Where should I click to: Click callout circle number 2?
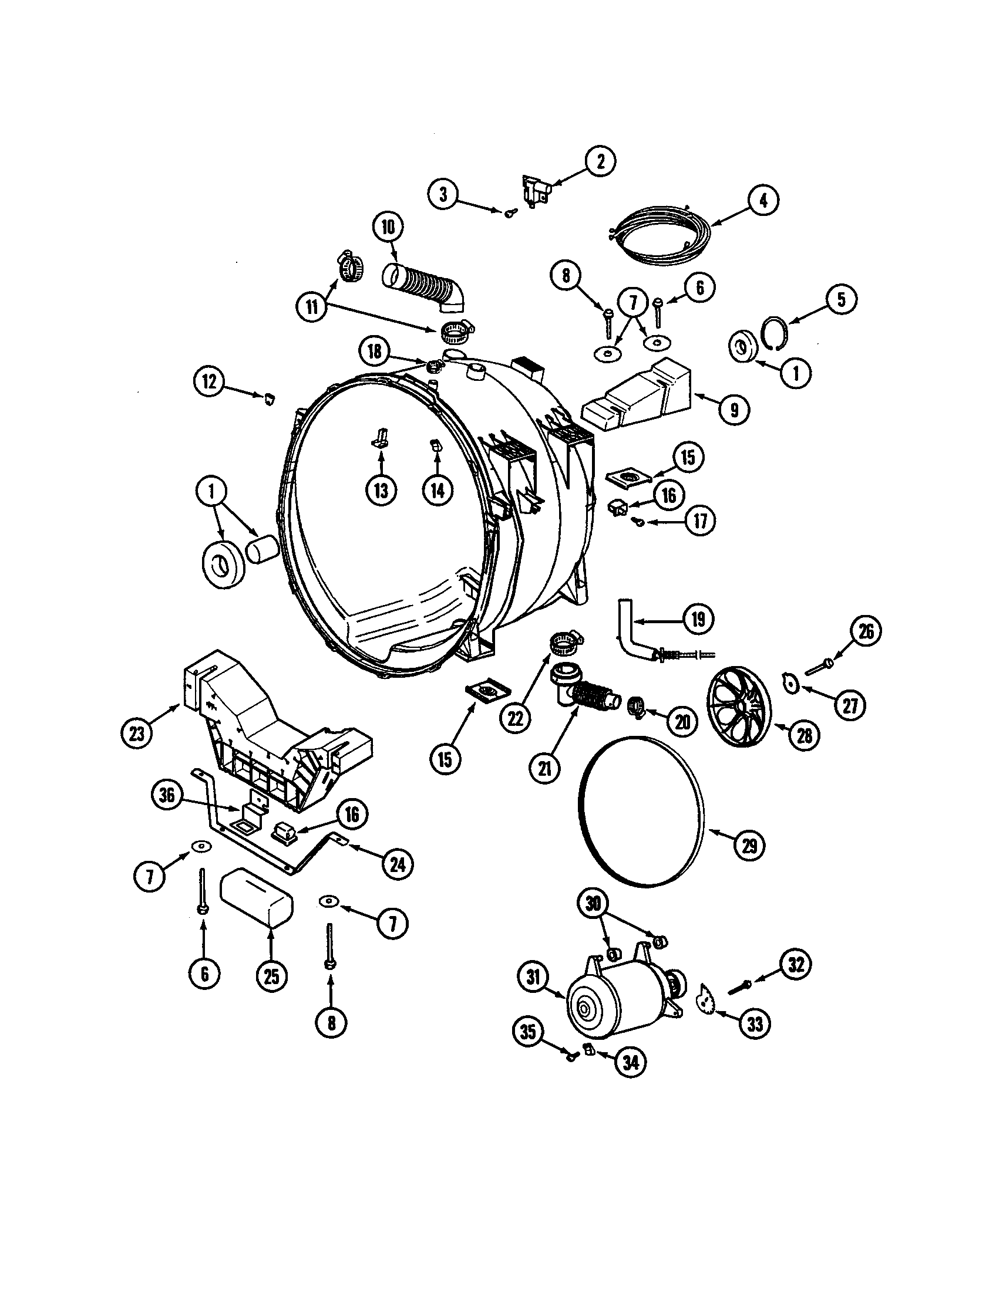[x=600, y=161]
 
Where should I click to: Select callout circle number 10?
[x=388, y=227]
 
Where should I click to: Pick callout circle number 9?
[x=734, y=410]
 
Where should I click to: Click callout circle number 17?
[x=699, y=521]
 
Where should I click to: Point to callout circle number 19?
[x=698, y=619]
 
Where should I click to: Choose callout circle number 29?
[x=749, y=846]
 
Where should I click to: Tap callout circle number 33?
[x=755, y=1025]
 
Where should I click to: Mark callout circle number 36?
[x=167, y=795]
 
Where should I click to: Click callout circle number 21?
[x=544, y=768]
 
